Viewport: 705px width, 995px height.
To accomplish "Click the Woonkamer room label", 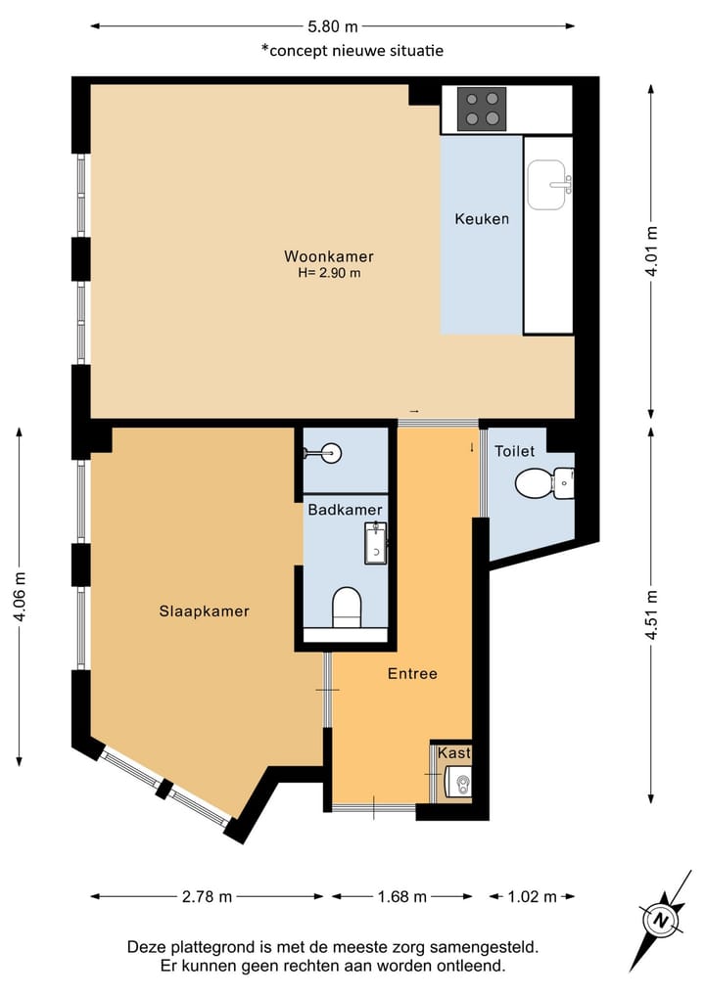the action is point(328,256).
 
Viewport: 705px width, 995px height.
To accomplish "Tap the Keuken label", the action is point(482,219).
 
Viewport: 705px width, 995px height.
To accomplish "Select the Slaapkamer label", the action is point(204,611).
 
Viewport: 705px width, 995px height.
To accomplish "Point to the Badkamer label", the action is point(345,510).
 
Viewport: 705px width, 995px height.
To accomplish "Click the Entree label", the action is point(412,673).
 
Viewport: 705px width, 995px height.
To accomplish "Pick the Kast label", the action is point(454,752).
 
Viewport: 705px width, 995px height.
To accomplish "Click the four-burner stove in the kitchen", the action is point(482,109).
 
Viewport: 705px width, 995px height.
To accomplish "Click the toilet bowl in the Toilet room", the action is point(544,483).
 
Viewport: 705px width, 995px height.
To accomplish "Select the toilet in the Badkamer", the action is point(347,608).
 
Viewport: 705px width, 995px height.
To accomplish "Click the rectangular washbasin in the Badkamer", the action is point(376,543).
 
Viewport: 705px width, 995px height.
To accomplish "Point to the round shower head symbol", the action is point(330,452).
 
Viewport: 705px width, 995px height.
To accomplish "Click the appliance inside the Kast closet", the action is point(458,781).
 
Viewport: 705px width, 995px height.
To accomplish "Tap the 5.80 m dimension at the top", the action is point(333,26).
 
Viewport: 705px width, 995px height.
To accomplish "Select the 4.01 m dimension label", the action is point(651,251).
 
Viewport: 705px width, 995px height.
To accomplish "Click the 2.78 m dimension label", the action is point(207,896).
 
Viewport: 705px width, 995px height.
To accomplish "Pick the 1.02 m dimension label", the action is point(533,896).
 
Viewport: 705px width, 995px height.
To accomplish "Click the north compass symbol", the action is point(663,920).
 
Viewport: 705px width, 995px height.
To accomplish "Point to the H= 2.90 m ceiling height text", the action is point(330,274).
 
